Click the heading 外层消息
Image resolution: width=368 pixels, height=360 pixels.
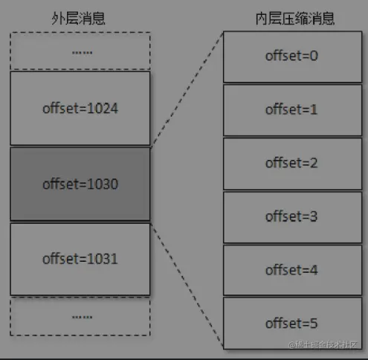click(x=80, y=17)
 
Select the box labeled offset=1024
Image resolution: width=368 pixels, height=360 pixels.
click(x=80, y=109)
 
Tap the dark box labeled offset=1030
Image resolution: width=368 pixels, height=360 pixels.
click(x=80, y=184)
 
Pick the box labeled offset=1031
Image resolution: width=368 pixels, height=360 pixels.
click(x=80, y=259)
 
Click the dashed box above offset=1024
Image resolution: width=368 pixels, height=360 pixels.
click(x=80, y=51)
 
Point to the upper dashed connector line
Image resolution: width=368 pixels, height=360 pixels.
click(x=186, y=89)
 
